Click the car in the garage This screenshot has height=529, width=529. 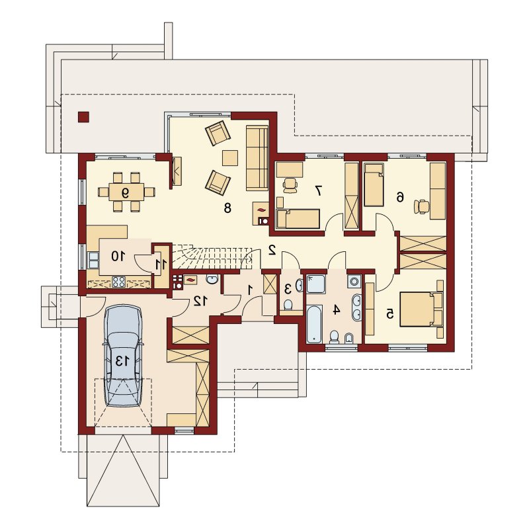pyautogui.click(x=123, y=356)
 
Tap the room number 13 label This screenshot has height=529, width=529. pyautogui.click(x=122, y=361)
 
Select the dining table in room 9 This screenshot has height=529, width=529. pyautogui.click(x=126, y=192)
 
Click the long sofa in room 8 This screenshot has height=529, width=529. pyautogui.click(x=257, y=157)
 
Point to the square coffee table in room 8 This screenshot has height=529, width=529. pyautogui.click(x=230, y=157)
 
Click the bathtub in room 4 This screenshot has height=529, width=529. pyautogui.click(x=313, y=325)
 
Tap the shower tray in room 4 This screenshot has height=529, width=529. pyautogui.click(x=316, y=284)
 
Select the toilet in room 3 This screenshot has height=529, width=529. pyautogui.click(x=288, y=305)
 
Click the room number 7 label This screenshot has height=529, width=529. pyautogui.click(x=318, y=190)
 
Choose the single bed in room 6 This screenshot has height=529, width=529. pyautogui.click(x=374, y=185)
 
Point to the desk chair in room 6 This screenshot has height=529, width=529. pyautogui.click(x=421, y=206)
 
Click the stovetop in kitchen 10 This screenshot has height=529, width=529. pyautogui.click(x=119, y=282)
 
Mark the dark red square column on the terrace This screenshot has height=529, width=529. pyautogui.click(x=84, y=117)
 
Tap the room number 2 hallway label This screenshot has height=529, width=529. pyautogui.click(x=272, y=250)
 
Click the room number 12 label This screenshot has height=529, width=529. pyautogui.click(x=200, y=301)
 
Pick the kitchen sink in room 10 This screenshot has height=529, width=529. pyautogui.click(x=93, y=260)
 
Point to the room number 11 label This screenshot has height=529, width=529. pyautogui.click(x=161, y=264)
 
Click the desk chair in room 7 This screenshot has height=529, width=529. pyautogui.click(x=290, y=185)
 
